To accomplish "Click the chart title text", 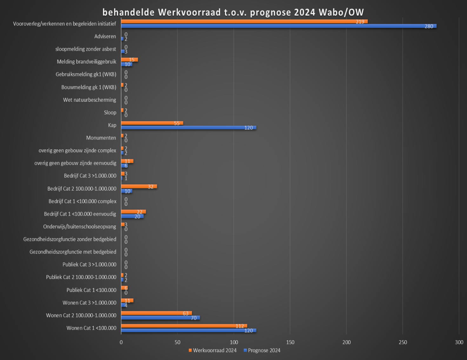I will [x=233, y=12].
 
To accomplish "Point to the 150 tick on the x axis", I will [x=290, y=343].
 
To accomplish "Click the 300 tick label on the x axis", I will [x=459, y=343].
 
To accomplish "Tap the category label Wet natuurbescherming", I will [x=90, y=100].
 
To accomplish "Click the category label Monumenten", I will [x=101, y=138].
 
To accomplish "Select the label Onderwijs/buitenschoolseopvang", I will [x=80, y=226].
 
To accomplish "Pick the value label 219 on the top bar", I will [x=360, y=22].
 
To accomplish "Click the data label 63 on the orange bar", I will [x=186, y=313].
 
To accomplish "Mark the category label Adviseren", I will [x=105, y=36].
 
